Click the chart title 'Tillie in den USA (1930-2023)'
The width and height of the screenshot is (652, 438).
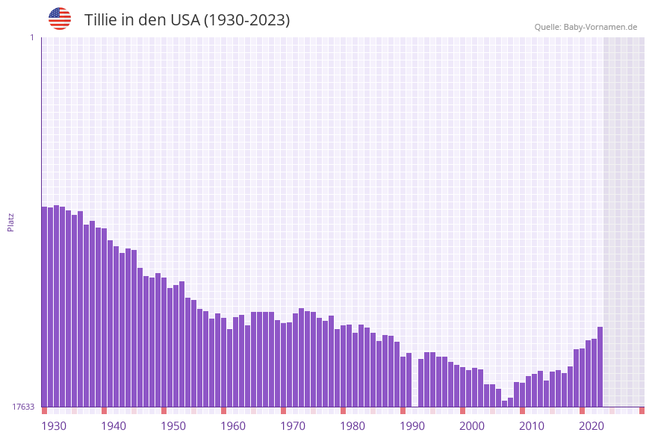tap(187, 20)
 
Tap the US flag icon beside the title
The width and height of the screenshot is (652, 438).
tap(60, 19)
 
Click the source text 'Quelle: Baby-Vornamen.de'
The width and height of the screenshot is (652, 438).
tap(585, 27)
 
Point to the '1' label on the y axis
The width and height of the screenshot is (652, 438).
tap(31, 37)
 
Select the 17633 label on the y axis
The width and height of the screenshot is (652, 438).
tap(22, 407)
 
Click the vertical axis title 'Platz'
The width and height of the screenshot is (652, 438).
tap(11, 222)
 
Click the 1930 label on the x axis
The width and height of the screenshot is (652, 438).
tap(53, 425)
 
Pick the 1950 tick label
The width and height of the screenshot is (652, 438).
tap(173, 425)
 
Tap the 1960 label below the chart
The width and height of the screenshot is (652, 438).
tap(233, 425)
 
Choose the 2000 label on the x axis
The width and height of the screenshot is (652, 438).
tap(472, 425)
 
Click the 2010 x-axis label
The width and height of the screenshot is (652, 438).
tap(532, 425)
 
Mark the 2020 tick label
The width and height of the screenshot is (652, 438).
tap(592, 425)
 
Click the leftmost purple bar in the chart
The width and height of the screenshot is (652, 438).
tap(44, 306)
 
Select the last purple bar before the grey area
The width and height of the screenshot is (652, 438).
tap(600, 366)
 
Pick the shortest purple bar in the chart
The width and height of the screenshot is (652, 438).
tap(504, 404)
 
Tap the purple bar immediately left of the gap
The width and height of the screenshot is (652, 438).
tap(409, 380)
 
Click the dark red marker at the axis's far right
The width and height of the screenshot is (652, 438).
tap(642, 410)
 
